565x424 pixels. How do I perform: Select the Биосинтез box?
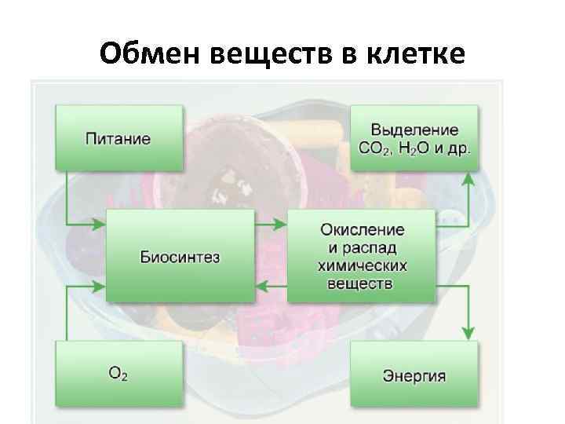pos(180,256)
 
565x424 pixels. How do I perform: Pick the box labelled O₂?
pos(118,375)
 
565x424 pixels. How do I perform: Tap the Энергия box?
pos(414,375)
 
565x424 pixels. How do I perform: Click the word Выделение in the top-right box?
pos(414,130)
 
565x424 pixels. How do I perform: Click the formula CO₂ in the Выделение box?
pos(374,148)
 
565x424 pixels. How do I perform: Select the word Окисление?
pos(362,230)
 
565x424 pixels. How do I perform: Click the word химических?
pos(362,265)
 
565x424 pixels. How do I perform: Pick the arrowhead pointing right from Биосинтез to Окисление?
pos(282,225)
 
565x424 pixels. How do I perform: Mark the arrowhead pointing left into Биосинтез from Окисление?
pos(261,286)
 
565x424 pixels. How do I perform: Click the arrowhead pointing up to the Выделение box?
pos(468,177)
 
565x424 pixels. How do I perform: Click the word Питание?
pos(118,138)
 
